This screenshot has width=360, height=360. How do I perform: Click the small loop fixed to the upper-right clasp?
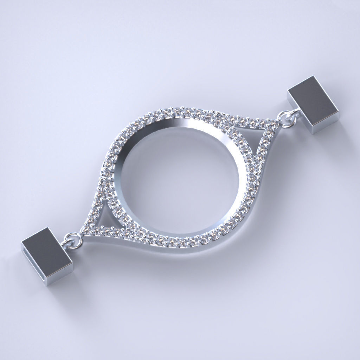(x=295, y=113)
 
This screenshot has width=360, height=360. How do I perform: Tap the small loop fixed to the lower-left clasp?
(x=66, y=244)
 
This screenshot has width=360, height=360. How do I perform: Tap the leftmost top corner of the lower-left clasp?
(x=22, y=242)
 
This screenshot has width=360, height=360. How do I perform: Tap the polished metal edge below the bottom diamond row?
(x=176, y=248)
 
